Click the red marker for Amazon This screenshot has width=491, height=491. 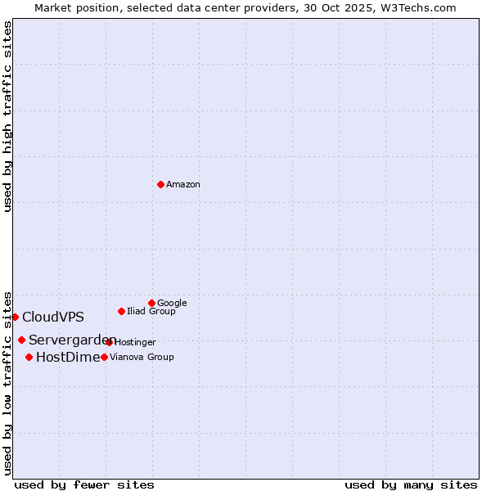pos(160,184)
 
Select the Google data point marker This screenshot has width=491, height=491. pos(151,303)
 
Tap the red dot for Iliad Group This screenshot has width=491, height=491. pos(121,311)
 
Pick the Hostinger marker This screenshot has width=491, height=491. pos(109,342)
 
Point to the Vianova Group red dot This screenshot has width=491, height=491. pos(104,357)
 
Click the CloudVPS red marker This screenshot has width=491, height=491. pos(15,317)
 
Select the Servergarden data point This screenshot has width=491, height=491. pos(21,340)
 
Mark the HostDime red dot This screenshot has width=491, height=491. pos(29,357)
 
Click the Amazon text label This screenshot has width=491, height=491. pos(183,184)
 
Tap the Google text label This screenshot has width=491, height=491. pos(172,303)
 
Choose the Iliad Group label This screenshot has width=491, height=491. pos(151,311)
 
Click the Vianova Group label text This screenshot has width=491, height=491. pos(142,357)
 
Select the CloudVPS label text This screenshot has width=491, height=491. pos(53,318)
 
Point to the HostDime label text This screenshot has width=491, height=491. pos(68,357)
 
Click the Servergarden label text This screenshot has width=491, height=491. pos(72,340)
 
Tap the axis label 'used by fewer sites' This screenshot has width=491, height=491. pos(84,484)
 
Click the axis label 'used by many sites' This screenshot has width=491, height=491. pos(411,484)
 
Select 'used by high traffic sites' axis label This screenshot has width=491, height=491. pos(7,116)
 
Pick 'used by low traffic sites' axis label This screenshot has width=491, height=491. pos(7,382)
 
